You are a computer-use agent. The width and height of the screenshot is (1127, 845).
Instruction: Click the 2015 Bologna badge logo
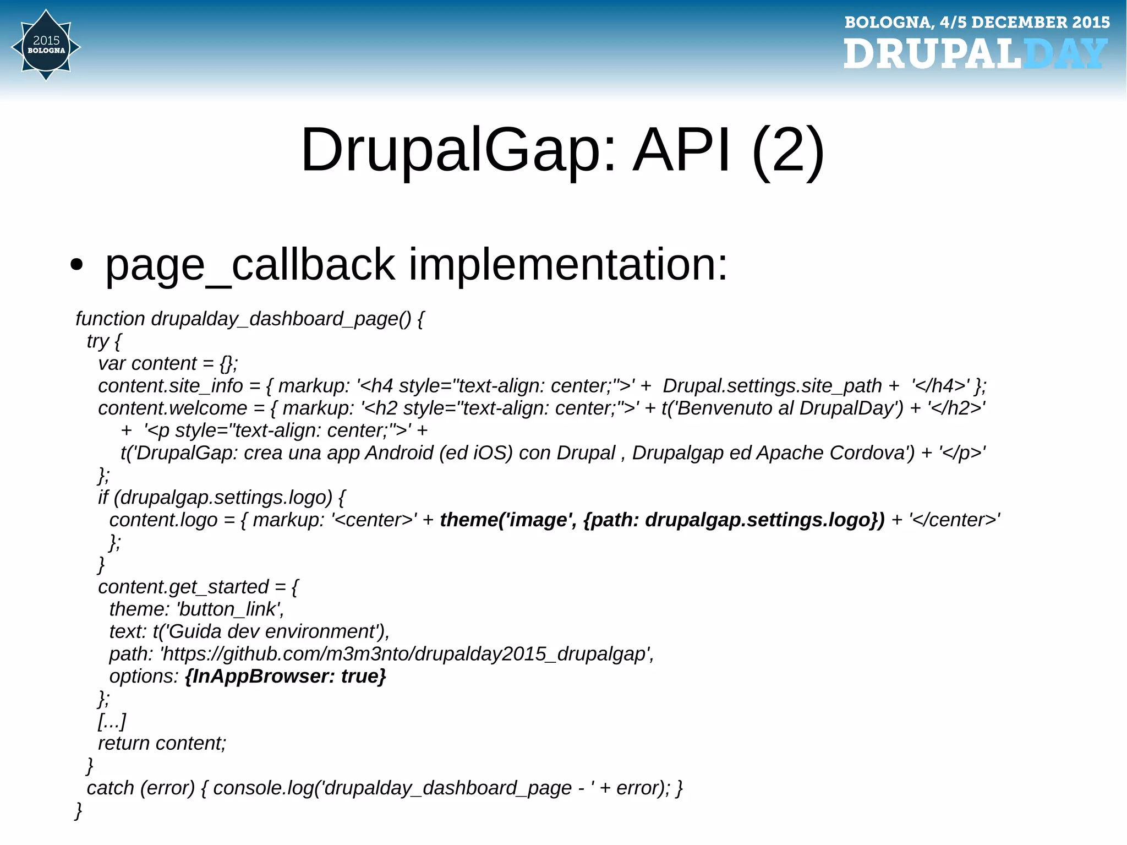[x=46, y=46]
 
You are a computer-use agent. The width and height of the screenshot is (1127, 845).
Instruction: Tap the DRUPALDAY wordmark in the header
[x=975, y=54]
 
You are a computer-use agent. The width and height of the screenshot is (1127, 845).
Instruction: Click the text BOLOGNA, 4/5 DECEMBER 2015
[x=977, y=22]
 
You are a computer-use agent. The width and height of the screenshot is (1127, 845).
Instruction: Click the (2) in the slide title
[x=788, y=150]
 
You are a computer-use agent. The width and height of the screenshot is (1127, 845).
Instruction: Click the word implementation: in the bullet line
[x=568, y=265]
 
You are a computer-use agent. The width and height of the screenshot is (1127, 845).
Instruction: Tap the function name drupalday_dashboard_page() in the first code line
[x=281, y=319]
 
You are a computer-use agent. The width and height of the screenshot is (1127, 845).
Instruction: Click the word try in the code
[x=97, y=341]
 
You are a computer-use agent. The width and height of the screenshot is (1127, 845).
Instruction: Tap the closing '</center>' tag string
[x=954, y=520]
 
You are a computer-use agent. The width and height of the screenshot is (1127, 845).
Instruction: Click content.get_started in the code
[x=183, y=587]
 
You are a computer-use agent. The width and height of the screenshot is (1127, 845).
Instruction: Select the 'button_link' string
[x=229, y=609]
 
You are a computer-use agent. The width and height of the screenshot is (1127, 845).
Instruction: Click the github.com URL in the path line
[x=406, y=654]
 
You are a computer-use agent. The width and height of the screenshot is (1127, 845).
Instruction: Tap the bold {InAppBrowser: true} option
[x=286, y=676]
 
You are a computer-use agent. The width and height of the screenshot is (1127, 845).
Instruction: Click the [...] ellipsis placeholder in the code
[x=112, y=721]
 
